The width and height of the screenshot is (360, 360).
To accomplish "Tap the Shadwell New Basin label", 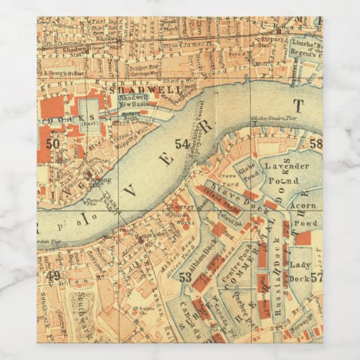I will click(x=133, y=100).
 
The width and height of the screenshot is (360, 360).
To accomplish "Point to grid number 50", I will click(x=53, y=143).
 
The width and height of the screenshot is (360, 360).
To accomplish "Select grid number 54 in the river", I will click(x=182, y=143).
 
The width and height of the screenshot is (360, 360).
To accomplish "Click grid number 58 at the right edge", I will click(x=316, y=143).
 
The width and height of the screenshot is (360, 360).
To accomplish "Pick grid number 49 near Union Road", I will click(x=53, y=275).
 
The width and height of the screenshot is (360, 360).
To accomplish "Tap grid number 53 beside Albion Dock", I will click(x=185, y=276).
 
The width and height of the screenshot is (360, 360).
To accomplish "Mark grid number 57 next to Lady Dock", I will click(x=316, y=277).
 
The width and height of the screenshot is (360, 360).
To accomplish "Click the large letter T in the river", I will click(x=296, y=105).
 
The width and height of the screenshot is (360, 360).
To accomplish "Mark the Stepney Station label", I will click(x=270, y=46).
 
